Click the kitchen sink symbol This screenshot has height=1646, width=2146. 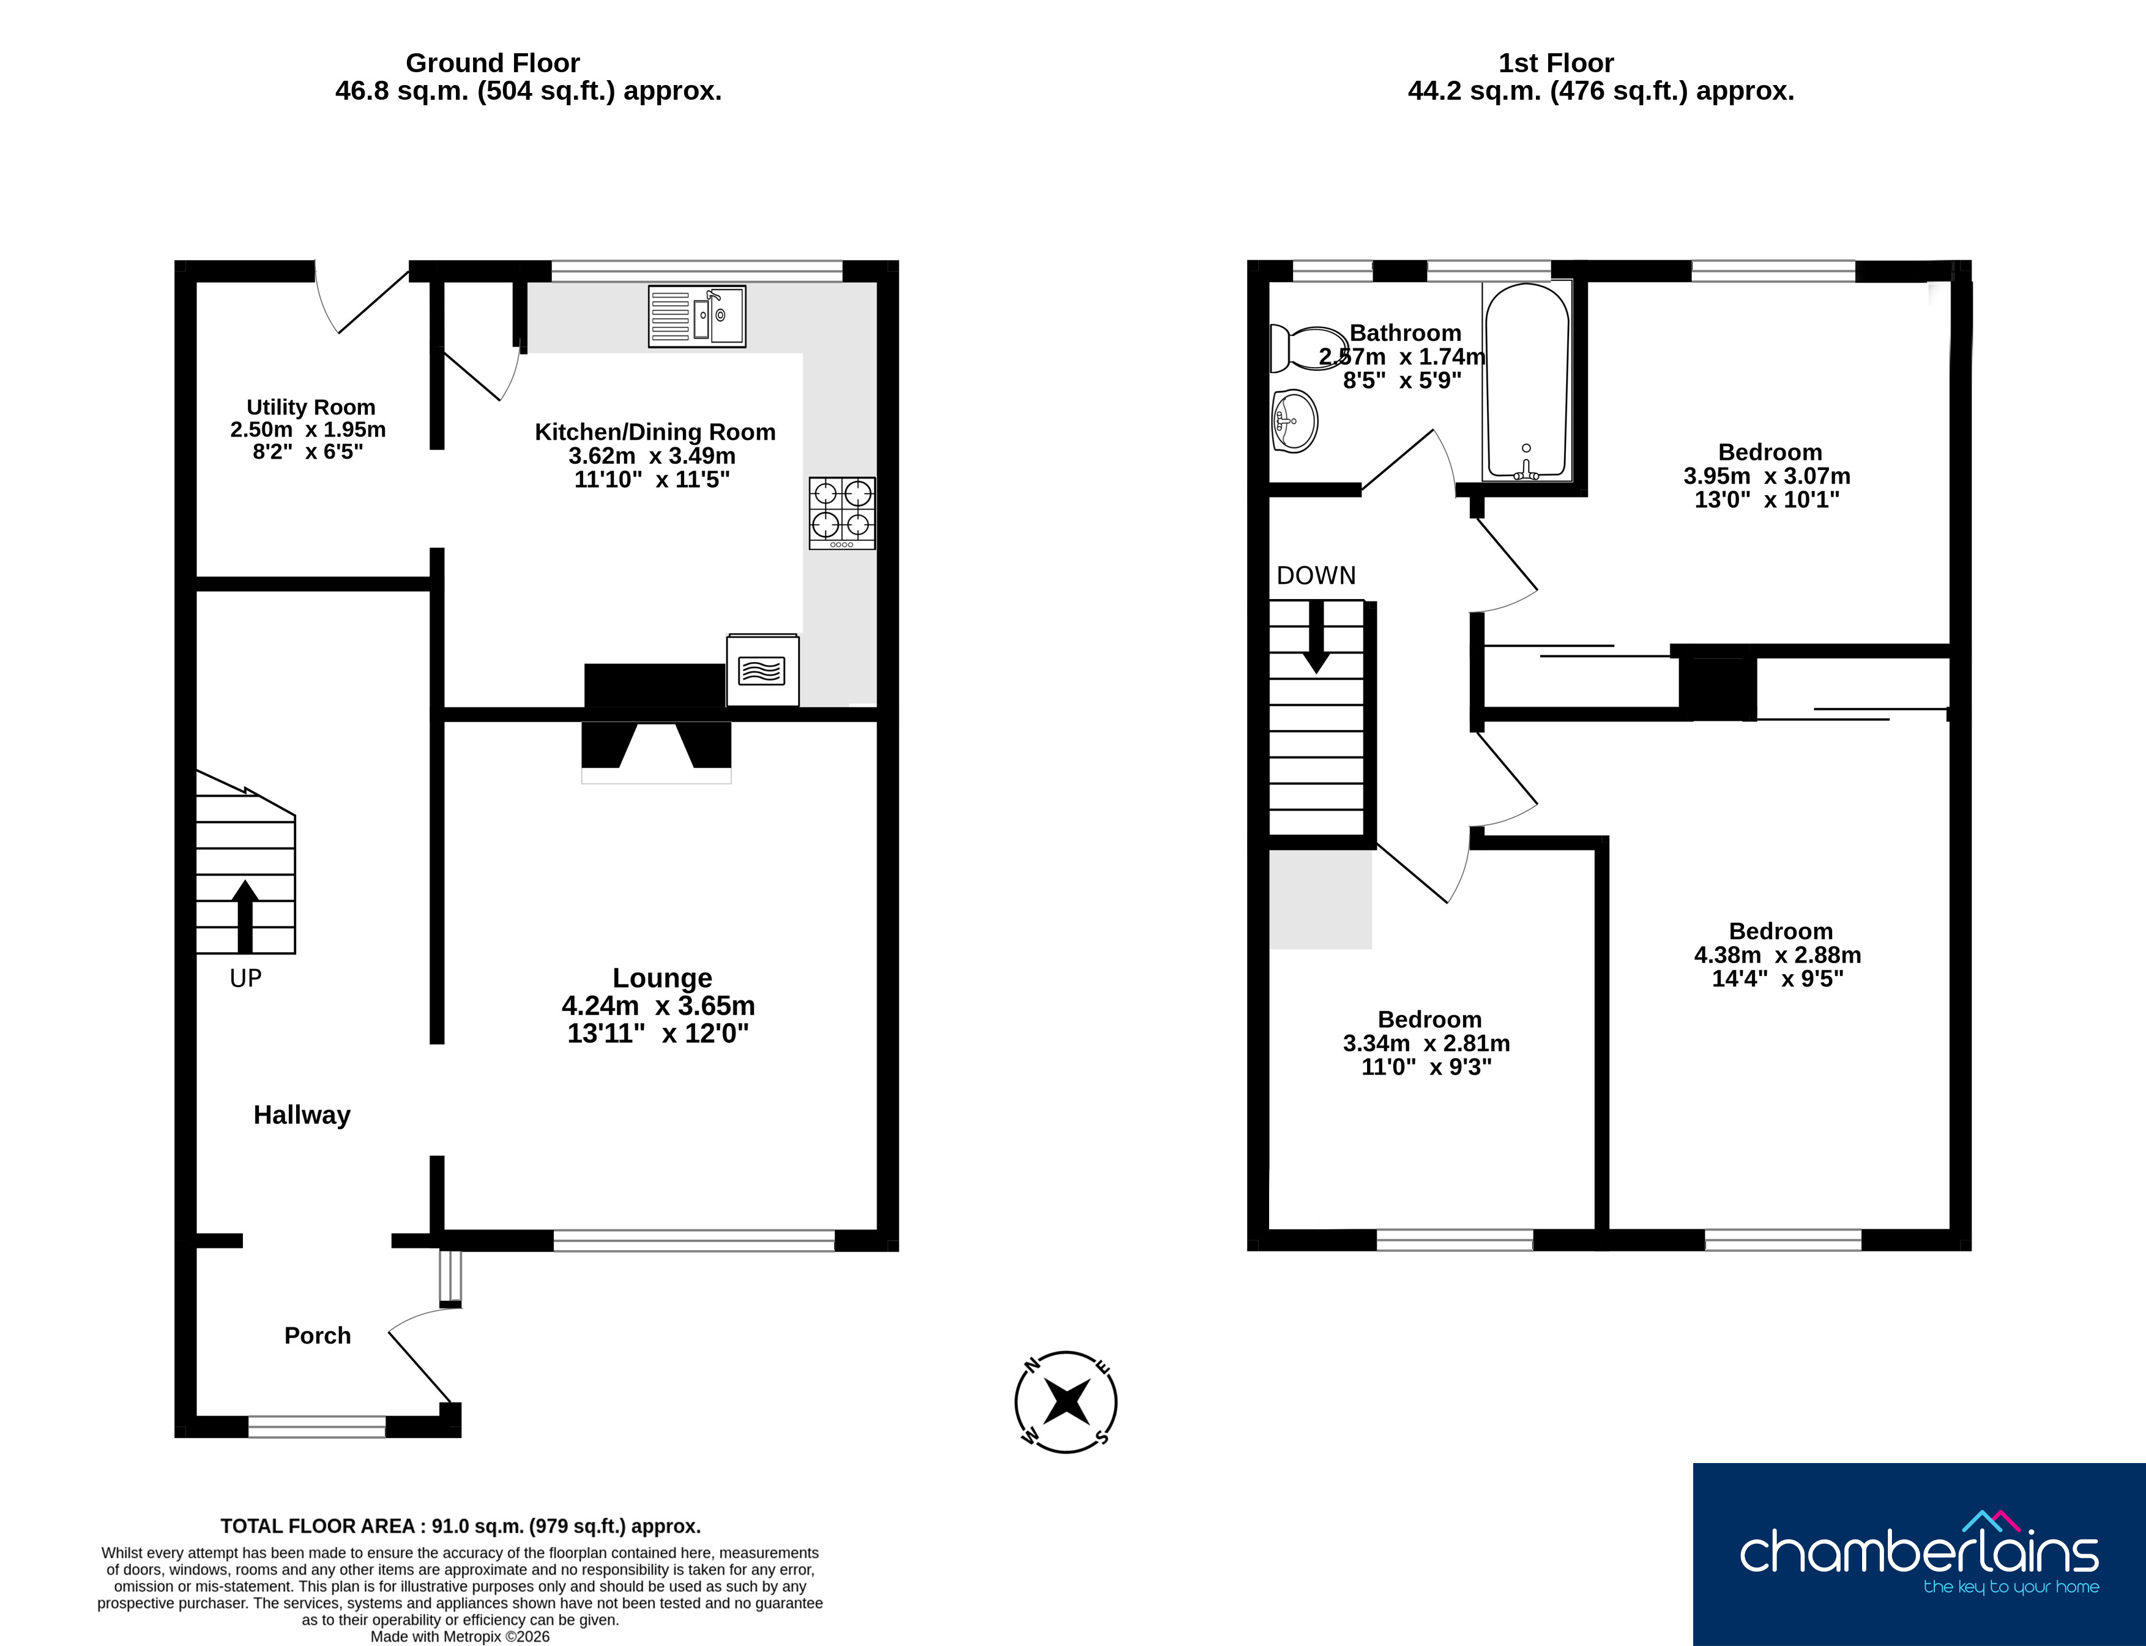point(697,316)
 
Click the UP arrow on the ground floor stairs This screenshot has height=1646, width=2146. point(245,916)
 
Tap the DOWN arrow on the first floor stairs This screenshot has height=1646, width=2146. point(1316,637)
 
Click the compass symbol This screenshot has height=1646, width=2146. point(1066,1402)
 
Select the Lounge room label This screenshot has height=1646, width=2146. point(663,978)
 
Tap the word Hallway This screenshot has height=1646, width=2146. point(302,1115)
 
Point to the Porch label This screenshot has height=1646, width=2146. point(318,1335)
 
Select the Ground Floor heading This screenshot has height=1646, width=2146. point(493,62)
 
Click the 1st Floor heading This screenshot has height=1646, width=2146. point(1556,62)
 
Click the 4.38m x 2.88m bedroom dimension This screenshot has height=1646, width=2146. point(1778,955)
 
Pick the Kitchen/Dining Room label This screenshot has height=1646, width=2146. point(655,432)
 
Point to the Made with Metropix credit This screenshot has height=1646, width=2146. point(461,1636)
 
